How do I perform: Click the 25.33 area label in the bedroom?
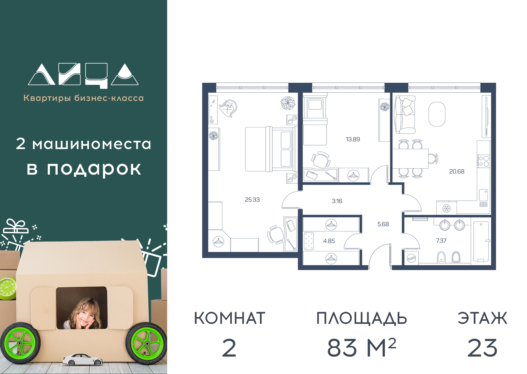252,200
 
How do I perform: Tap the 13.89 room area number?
353,139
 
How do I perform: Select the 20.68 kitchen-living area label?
456,171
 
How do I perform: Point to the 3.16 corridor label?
337,201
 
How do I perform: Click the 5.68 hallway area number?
383,224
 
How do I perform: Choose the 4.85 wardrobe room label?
329,241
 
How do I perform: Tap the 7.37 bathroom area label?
441,241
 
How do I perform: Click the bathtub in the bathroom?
481,242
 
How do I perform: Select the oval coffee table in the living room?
437,114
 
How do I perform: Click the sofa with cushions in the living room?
405,114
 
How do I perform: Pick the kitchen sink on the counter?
483,195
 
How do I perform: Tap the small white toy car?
83,359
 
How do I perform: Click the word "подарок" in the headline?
94,169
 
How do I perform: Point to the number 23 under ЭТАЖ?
482,348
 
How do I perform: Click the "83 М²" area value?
362,348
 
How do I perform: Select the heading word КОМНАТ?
230,318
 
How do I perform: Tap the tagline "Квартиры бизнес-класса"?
83,98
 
